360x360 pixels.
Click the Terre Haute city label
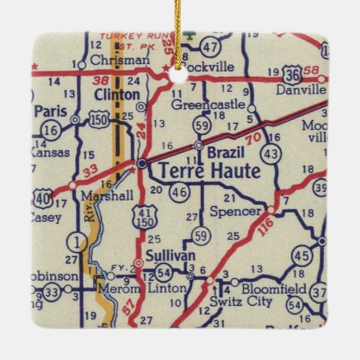pyautogui.click(x=209, y=171)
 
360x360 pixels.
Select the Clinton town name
pyautogui.click(x=117, y=94)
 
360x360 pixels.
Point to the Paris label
pyautogui.click(x=50, y=111)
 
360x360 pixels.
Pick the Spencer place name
pyautogui.click(x=235, y=211)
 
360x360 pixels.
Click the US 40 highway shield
pyautogui.click(x=42, y=198)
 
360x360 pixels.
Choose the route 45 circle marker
pyautogui.click(x=301, y=256)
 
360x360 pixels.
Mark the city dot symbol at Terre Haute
pyautogui.click(x=142, y=163)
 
